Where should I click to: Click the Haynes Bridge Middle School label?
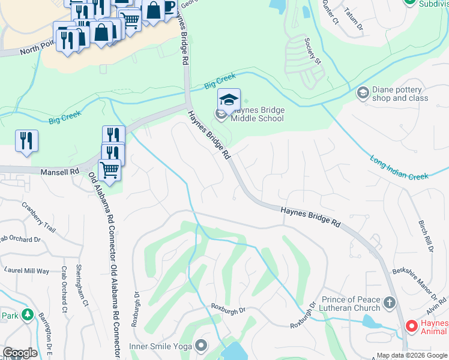(x=257, y=114)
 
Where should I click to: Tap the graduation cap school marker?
(x=229, y=99)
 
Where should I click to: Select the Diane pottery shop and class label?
(x=400, y=94)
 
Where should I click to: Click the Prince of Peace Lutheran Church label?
(x=351, y=304)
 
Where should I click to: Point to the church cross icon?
(x=390, y=303)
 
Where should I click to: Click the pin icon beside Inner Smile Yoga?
(x=200, y=346)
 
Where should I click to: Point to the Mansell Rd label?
(x=60, y=172)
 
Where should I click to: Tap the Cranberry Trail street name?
(x=38, y=217)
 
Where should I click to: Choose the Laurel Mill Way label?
(x=27, y=271)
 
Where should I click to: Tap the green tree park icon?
(x=26, y=314)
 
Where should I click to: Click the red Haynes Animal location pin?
(x=411, y=327)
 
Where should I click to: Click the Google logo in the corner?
(x=20, y=353)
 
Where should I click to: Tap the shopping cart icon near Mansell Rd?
(x=110, y=170)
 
